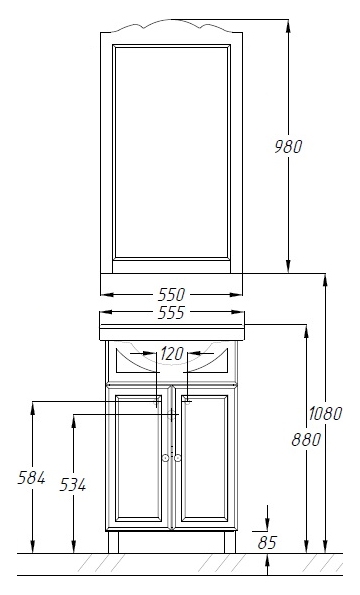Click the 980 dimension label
(288, 146)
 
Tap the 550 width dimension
(171, 294)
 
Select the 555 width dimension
(171, 312)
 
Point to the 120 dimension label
(172, 354)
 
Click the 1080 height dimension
(325, 413)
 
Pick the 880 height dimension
(307, 439)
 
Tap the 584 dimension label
(31, 478)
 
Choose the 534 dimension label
(73, 485)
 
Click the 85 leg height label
(267, 543)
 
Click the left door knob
(165, 458)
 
